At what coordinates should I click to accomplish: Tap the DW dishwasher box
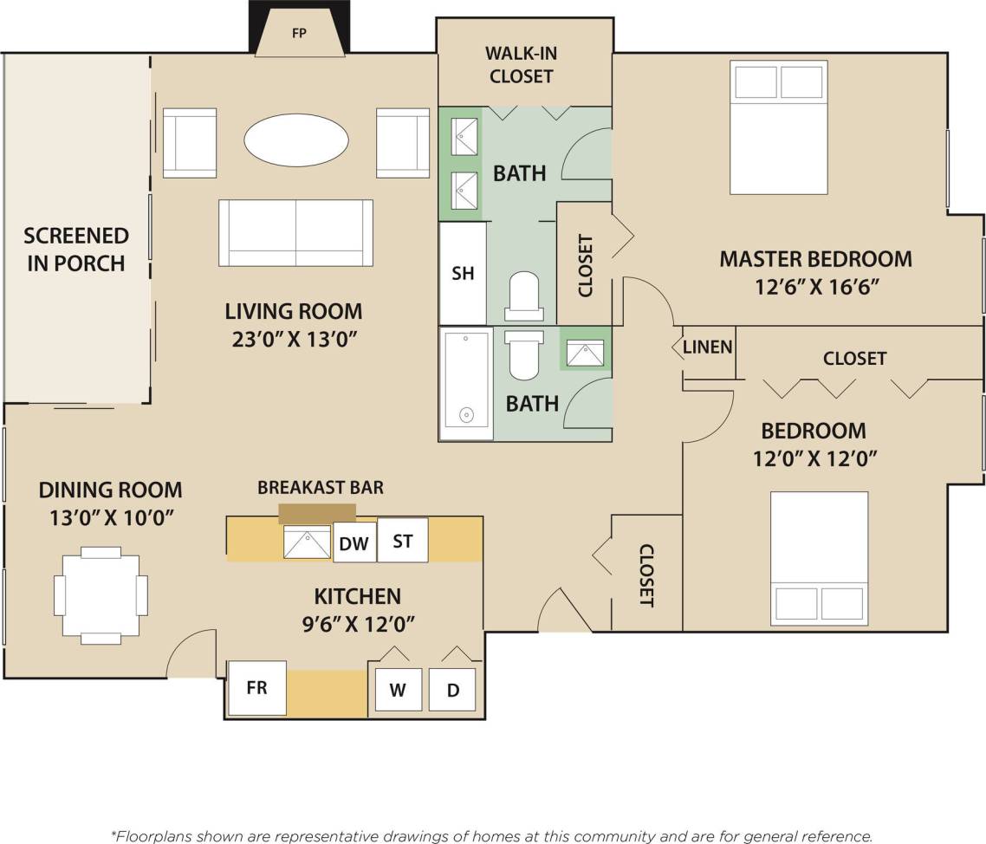[x=354, y=543]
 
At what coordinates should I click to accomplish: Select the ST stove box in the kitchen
[x=403, y=541]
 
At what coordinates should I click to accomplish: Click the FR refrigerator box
[x=256, y=688]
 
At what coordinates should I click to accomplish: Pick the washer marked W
[x=398, y=691]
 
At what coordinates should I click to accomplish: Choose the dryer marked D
[x=452, y=691]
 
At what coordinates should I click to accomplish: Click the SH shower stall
[x=463, y=273]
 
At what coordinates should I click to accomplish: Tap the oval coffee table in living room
[x=295, y=139]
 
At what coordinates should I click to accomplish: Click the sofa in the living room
[x=295, y=232]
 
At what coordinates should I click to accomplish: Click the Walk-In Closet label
[x=522, y=65]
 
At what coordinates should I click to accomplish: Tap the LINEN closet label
[x=708, y=347]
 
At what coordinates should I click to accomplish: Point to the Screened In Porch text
[x=76, y=249]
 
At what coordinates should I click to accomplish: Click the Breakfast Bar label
[x=320, y=487]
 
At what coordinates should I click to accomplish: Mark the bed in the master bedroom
[x=778, y=127]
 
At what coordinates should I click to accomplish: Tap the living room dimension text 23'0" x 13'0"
[x=294, y=338]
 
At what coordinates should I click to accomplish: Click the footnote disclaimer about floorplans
[x=492, y=835]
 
